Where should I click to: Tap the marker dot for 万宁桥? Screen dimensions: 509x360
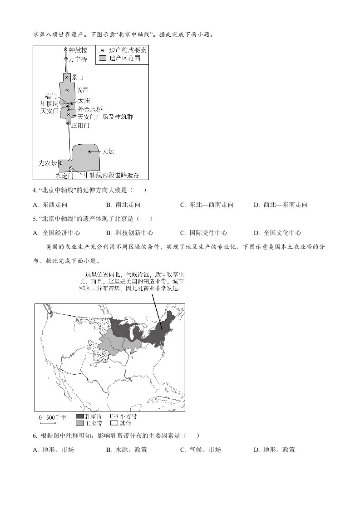(66, 59)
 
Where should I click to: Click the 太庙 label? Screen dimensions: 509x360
(84, 101)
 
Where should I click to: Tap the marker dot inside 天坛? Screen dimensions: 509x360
(90, 152)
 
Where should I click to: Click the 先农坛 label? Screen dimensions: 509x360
(47, 162)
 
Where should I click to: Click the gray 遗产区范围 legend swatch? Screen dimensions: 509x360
(103, 59)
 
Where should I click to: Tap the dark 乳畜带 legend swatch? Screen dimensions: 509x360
(80, 416)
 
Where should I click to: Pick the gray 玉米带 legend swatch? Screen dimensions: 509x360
(80, 423)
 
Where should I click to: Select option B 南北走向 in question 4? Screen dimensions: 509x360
(123, 205)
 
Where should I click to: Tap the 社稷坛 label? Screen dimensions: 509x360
(49, 104)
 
